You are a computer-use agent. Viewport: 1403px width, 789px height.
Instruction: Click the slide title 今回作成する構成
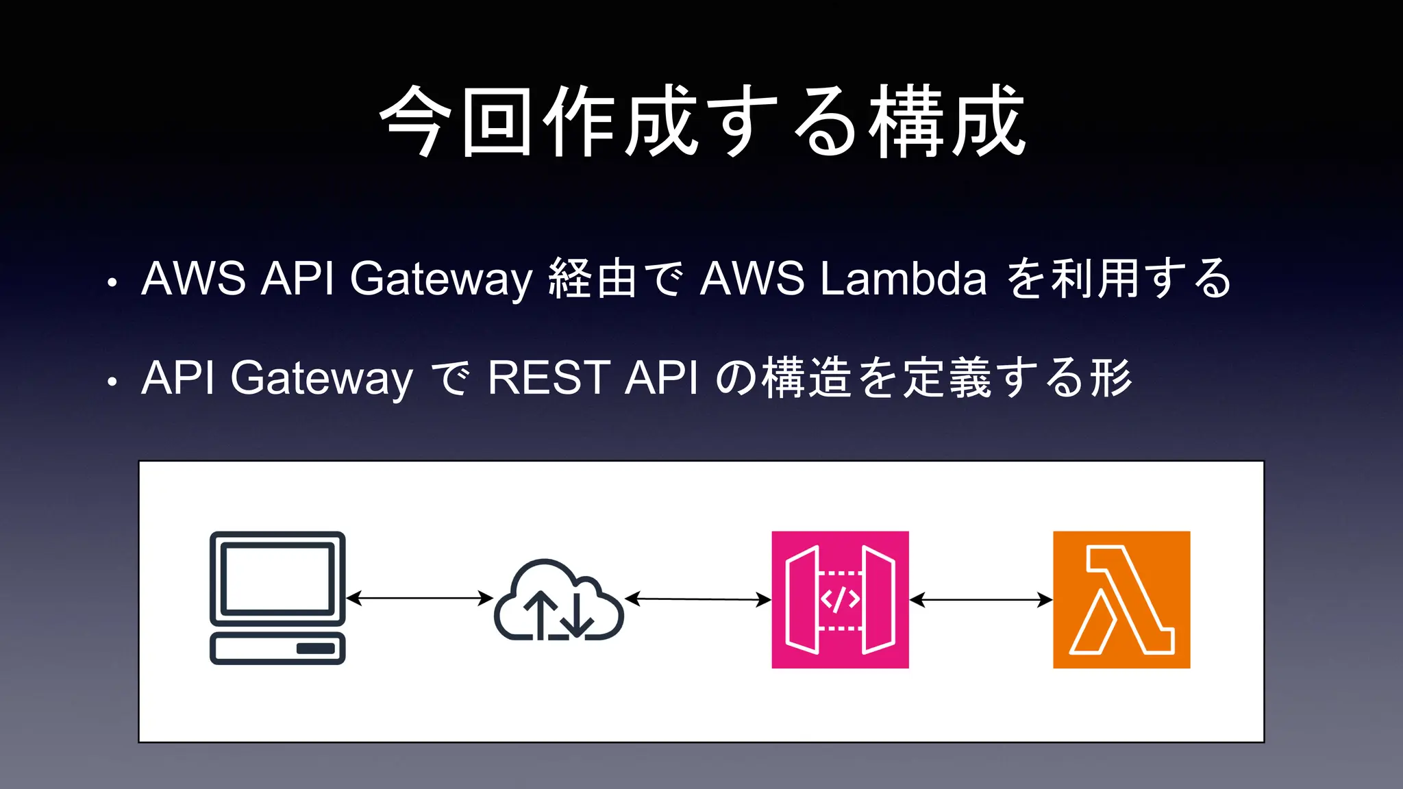coord(701,122)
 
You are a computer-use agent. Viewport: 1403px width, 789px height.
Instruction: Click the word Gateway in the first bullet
coord(440,279)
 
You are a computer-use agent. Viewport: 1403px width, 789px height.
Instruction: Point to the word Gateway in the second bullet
coord(321,378)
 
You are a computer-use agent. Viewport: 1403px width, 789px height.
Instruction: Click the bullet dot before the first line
coord(112,282)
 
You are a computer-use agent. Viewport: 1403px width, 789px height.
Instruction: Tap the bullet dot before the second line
coord(112,381)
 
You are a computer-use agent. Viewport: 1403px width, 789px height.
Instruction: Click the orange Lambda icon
coord(1121,599)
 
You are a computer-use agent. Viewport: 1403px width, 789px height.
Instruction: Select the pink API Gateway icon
coord(840,599)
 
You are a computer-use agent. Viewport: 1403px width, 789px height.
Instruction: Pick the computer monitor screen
coord(277,577)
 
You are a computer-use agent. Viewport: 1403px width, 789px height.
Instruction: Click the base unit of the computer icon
coord(277,649)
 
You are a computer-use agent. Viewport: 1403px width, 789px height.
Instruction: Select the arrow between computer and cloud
coord(419,598)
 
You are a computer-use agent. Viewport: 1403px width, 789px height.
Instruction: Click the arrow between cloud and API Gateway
coord(698,599)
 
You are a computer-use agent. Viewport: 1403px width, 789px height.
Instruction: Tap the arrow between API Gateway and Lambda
coord(980,600)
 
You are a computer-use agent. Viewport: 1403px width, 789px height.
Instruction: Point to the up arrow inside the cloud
coord(543,613)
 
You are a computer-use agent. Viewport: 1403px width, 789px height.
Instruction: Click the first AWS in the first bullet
coord(193,279)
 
